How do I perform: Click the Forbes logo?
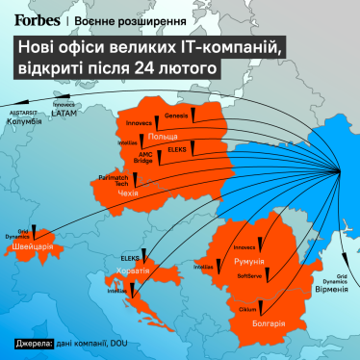pos(37,18)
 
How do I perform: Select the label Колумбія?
pos(23,122)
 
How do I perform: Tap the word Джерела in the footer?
pos(33,344)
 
